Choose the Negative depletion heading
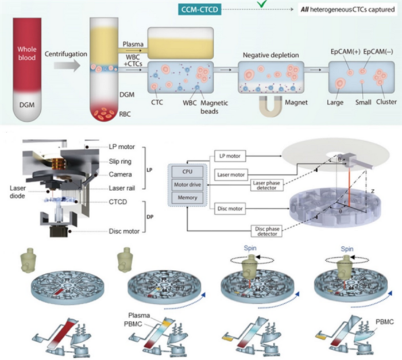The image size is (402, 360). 267,54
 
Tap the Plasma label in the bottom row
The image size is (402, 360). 136,316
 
